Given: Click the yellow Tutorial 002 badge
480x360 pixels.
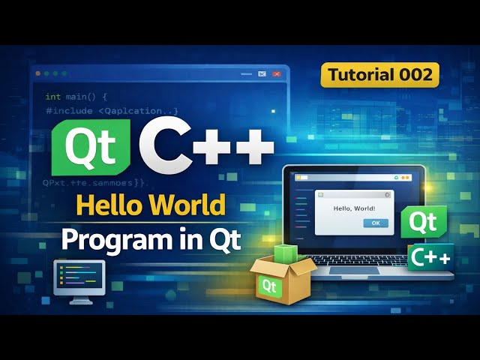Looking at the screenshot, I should (379, 74).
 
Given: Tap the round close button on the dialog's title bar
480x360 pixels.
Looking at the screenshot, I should (387, 194).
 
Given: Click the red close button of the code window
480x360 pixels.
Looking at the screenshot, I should (277, 74).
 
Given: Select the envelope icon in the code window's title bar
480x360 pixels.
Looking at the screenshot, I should (262, 74).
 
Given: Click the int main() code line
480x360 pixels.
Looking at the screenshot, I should (77, 97).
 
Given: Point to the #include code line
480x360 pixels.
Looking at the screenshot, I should (112, 111).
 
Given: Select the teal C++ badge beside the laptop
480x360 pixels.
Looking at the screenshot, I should (430, 257).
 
